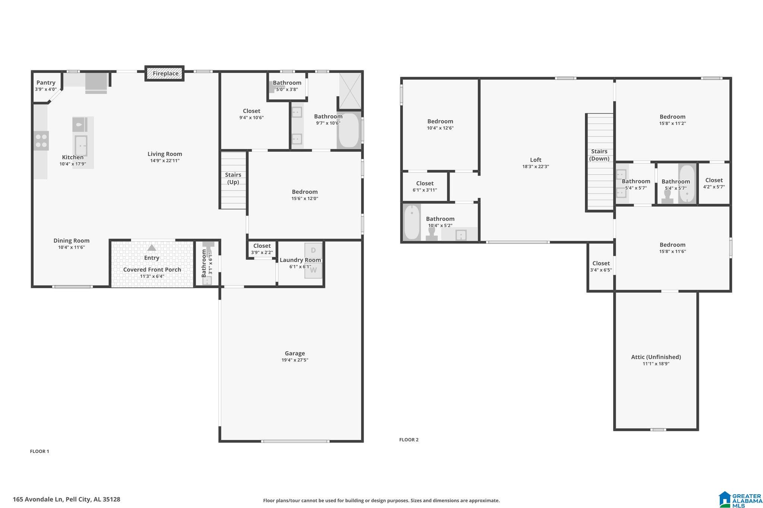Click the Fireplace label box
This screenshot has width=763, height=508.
pyautogui.click(x=165, y=74)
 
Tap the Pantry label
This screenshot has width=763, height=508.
pyautogui.click(x=46, y=83)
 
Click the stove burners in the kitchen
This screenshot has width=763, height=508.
pyautogui.click(x=41, y=141)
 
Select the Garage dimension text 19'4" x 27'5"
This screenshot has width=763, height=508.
pyautogui.click(x=295, y=360)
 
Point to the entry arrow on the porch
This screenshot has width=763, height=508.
pyautogui.click(x=151, y=248)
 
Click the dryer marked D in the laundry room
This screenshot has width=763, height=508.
pyautogui.click(x=313, y=250)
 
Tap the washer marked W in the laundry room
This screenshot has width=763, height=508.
pyautogui.click(x=313, y=270)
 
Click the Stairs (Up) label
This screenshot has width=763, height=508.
pyautogui.click(x=233, y=178)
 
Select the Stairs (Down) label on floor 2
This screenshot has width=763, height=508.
pyautogui.click(x=599, y=155)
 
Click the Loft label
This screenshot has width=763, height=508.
pyautogui.click(x=535, y=160)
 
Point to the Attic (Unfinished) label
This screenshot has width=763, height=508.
pyautogui.click(x=656, y=357)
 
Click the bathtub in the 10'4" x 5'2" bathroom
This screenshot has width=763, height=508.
pyautogui.click(x=412, y=222)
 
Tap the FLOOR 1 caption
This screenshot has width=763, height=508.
pyautogui.click(x=39, y=451)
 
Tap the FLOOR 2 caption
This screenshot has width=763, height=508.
pyautogui.click(x=409, y=440)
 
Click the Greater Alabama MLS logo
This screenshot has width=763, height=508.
pyautogui.click(x=740, y=499)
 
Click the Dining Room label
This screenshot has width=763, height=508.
pyautogui.click(x=72, y=241)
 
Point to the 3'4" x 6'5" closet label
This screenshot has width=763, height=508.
pyautogui.click(x=601, y=266)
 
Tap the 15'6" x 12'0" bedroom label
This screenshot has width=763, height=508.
pyautogui.click(x=305, y=195)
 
